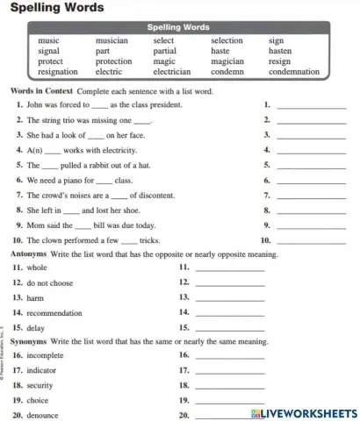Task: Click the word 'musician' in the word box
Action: tap(112, 40)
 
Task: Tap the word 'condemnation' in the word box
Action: tap(293, 72)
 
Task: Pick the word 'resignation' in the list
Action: tap(58, 72)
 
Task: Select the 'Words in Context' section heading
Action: tap(40, 91)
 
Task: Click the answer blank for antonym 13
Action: tap(228, 300)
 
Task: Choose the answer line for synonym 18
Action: tap(228, 387)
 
